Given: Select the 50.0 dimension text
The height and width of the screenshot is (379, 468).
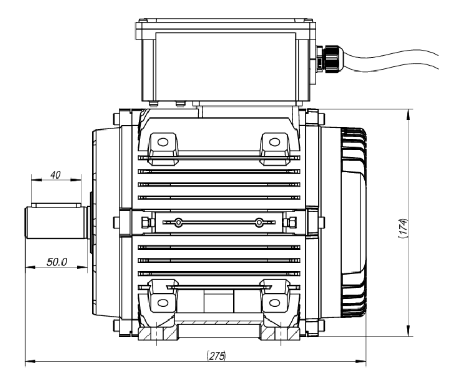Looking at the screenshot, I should [57, 262].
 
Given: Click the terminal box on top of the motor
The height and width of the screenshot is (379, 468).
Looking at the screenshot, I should [225, 60].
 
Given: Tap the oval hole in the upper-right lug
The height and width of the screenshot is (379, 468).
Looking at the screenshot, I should [275, 141].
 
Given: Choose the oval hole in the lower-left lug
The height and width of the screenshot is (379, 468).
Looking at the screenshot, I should [163, 302].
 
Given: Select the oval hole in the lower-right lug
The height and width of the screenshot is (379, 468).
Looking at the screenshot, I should [275, 302].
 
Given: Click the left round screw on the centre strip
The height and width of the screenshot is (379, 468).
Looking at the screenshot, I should [179, 223].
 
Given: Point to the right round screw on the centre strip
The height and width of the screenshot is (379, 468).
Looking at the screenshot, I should [259, 223].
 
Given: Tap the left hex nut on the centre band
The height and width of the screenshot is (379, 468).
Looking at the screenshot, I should [145, 223].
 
